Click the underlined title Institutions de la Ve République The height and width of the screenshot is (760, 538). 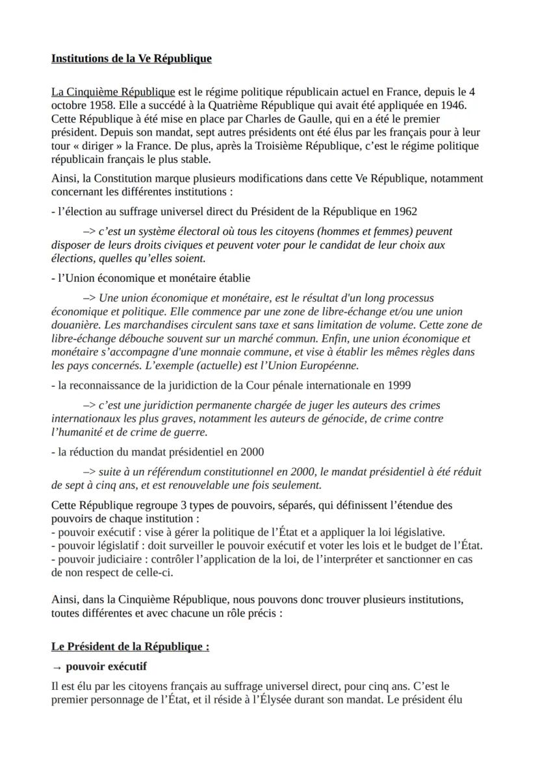coord(131,59)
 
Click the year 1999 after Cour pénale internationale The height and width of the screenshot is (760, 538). coord(398,385)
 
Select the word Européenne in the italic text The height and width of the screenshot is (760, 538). coord(329,365)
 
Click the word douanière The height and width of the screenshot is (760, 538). coord(73,325)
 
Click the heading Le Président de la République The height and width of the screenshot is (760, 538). coord(130,647)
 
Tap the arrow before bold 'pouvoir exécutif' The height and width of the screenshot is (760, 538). coord(56,667)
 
